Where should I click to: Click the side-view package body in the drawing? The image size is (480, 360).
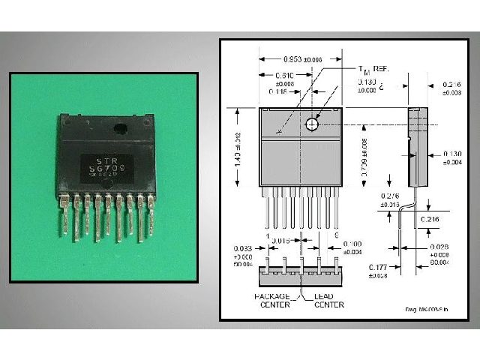[x=413, y=146]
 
